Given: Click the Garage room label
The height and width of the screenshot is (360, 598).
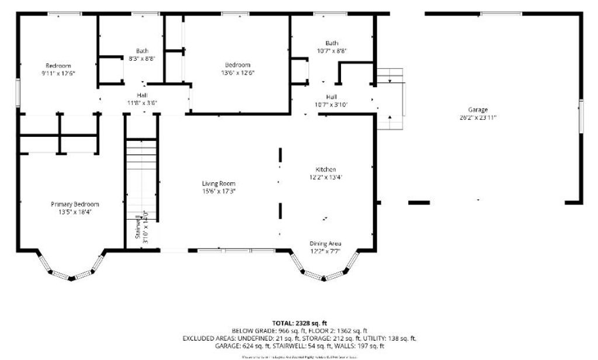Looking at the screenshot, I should [x=477, y=110].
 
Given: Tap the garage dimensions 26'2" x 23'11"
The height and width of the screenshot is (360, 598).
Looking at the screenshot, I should [x=477, y=117].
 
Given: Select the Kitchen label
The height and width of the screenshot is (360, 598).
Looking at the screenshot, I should [x=325, y=169].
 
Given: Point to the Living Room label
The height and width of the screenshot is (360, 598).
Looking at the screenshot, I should [x=219, y=184].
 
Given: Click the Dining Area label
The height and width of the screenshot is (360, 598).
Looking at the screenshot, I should [x=325, y=244].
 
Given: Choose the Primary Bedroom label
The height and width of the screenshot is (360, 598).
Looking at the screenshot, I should [x=75, y=205].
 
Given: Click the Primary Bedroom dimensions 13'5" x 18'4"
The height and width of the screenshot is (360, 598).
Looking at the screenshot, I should [x=75, y=212].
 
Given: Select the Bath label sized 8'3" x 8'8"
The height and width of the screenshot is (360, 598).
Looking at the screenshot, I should [x=142, y=51].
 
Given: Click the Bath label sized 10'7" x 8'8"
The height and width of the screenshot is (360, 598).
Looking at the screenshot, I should [x=332, y=43].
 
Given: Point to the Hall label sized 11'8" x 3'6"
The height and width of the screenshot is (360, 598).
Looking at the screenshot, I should [x=142, y=95].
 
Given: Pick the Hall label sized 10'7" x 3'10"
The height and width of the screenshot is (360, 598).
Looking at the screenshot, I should [x=332, y=97].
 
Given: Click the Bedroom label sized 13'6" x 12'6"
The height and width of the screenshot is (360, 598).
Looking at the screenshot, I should [x=238, y=65].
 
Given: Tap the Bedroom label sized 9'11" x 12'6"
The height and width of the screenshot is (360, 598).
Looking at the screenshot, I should [x=58, y=65].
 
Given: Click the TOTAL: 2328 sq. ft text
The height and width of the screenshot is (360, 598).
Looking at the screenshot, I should [x=299, y=323].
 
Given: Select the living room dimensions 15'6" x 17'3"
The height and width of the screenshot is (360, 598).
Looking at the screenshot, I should [x=219, y=191].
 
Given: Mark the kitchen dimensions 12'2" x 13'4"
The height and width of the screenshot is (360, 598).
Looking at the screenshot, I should [x=325, y=177].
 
